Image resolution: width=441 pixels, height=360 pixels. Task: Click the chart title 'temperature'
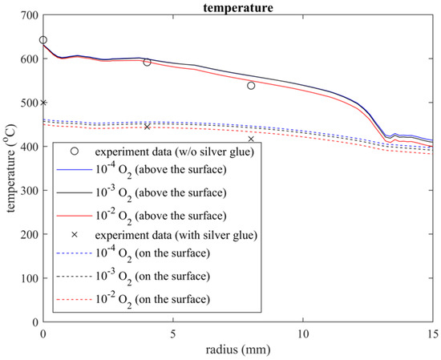(x=237, y=6)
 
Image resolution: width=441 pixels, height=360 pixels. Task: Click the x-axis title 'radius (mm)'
(x=237, y=350)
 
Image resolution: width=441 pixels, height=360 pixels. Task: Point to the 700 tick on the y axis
(x=28, y=16)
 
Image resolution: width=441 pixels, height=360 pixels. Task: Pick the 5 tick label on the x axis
(x=172, y=333)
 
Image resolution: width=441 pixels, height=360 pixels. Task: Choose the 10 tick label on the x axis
(x=302, y=333)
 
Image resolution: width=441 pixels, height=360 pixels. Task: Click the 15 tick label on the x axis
(x=431, y=333)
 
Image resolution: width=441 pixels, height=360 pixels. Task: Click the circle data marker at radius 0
(x=43, y=40)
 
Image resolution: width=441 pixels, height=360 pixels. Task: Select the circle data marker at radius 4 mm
(x=147, y=63)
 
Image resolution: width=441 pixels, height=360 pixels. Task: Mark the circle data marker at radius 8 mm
(x=251, y=86)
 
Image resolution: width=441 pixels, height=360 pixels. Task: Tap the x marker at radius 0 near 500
(x=43, y=102)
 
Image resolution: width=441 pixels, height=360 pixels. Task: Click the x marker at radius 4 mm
(x=147, y=127)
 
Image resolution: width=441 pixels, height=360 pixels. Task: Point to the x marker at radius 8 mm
(x=251, y=139)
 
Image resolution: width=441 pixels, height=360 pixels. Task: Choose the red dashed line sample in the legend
(x=72, y=299)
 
